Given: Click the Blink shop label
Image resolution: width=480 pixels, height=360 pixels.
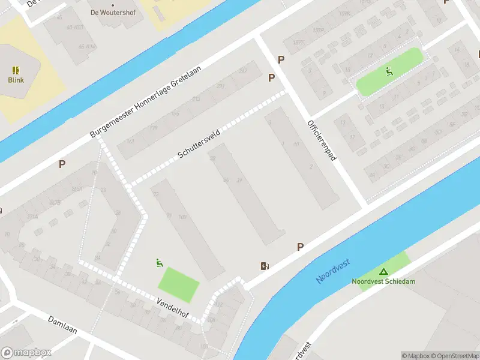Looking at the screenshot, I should (x=16, y=80).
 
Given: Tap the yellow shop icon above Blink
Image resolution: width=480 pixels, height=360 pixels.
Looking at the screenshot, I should (x=16, y=70).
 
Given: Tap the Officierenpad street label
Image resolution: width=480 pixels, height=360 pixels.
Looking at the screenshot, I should (x=322, y=141).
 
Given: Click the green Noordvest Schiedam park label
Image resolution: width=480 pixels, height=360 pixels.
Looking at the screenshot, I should (x=383, y=281).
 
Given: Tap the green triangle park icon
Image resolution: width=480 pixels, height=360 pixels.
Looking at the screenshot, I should (x=383, y=272).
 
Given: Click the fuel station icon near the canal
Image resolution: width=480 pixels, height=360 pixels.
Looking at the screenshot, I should (x=265, y=266).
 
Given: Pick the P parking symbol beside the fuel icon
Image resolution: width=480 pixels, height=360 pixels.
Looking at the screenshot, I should (x=300, y=247).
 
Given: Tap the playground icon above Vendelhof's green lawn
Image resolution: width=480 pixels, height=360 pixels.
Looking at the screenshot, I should (x=159, y=262).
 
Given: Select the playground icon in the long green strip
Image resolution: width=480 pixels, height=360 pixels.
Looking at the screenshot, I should (x=389, y=71).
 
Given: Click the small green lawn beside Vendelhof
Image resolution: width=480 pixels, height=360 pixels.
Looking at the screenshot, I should (x=178, y=284).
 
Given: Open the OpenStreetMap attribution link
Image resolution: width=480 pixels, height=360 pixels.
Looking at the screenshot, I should (x=451, y=356).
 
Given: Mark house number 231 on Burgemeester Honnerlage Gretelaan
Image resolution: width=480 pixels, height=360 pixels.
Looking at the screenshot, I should (x=220, y=86).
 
